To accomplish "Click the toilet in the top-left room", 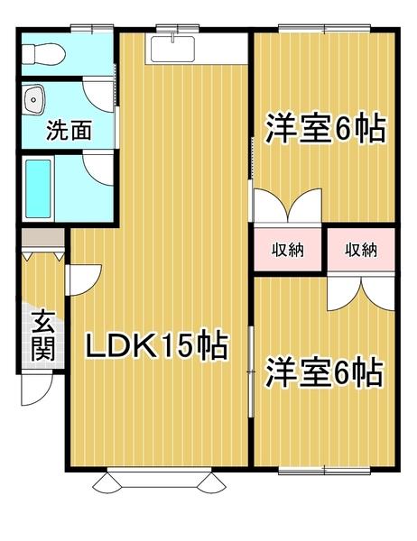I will coord(43,54).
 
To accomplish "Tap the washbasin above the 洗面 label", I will coord(36,97).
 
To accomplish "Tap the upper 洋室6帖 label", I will coord(325,129).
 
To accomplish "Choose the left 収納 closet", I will coord(286,249).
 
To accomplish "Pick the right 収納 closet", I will coord(360,249).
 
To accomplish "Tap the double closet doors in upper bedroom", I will coord(287,204).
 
